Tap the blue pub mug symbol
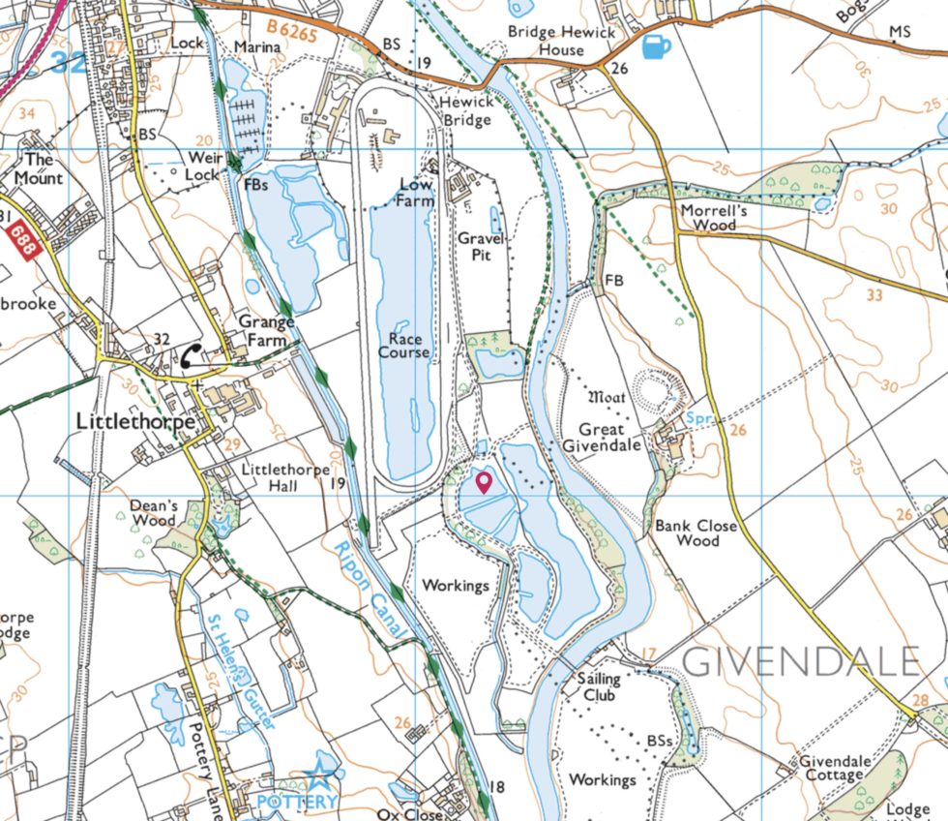(655, 46)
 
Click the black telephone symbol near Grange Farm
(191, 355)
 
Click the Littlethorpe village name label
(136, 423)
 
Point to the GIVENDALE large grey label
(802, 661)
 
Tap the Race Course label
(403, 345)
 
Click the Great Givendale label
(610, 437)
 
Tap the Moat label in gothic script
(607, 397)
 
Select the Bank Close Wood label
(696, 532)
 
